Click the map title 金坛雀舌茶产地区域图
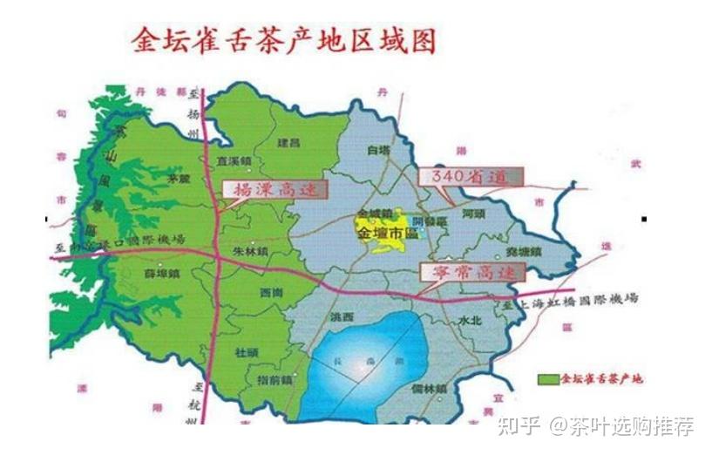(x=282, y=40)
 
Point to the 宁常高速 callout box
(x=469, y=271)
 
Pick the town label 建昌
(x=288, y=141)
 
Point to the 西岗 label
(x=271, y=292)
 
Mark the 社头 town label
(x=247, y=351)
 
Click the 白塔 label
(x=376, y=150)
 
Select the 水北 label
(x=469, y=319)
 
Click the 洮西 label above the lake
(x=342, y=316)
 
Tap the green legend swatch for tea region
(x=547, y=380)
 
